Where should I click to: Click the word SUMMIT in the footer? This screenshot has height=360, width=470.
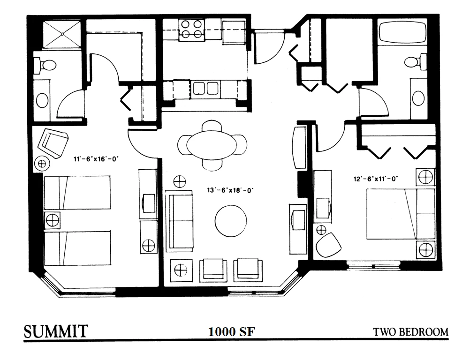tap(56, 331)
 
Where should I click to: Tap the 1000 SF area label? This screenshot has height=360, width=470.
tap(231, 331)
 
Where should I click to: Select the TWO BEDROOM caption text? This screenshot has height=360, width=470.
tap(410, 332)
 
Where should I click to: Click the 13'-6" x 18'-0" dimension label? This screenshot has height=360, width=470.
tap(230, 190)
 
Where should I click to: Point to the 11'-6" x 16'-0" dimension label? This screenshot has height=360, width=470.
tap(96, 159)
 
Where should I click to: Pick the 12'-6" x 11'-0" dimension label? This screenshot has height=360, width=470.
tap(375, 179)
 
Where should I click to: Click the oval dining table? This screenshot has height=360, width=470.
tap(212, 145)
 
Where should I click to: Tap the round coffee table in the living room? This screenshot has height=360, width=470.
tap(231, 221)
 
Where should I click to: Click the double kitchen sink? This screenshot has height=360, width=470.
tap(205, 88)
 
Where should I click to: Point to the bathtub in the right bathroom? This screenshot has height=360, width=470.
tap(402, 32)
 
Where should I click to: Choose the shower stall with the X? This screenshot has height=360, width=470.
tap(62, 34)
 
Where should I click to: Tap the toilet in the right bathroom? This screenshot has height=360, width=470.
tap(416, 62)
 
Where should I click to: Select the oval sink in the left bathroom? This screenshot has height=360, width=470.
tap(42, 100)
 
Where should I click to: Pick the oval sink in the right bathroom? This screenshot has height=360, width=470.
tap(418, 98)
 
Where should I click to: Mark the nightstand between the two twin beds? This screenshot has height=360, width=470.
tap(52, 220)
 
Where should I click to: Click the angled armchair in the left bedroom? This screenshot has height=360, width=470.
tap(53, 143)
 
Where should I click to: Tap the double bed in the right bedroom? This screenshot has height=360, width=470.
tap(401, 214)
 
